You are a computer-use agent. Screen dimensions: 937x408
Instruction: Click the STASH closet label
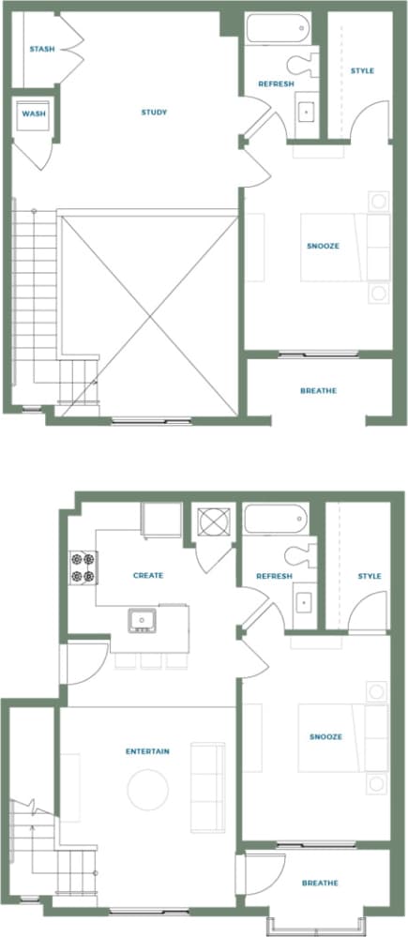(x=40, y=49)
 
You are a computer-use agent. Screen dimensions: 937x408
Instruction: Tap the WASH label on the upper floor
(x=34, y=114)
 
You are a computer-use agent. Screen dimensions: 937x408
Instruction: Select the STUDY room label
(x=154, y=113)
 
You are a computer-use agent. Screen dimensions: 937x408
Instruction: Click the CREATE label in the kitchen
(x=148, y=575)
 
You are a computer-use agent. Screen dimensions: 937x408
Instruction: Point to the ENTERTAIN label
(x=147, y=751)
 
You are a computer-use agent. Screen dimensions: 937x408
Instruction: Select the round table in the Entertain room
(x=147, y=790)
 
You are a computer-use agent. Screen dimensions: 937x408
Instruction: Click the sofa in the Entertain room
(x=207, y=786)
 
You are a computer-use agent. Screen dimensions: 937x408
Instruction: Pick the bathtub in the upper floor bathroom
(x=277, y=29)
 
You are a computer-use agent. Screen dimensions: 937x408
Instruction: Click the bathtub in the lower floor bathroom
(x=275, y=518)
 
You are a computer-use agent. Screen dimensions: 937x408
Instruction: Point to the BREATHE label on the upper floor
(x=318, y=390)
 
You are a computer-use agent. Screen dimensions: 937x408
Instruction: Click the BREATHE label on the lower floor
(x=320, y=883)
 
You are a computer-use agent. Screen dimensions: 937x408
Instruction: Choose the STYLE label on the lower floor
(x=370, y=576)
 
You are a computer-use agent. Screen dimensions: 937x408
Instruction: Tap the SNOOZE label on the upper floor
(x=323, y=246)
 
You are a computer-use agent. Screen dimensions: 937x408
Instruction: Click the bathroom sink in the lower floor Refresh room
(x=304, y=602)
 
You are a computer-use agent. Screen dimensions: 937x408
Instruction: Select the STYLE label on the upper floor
(x=362, y=70)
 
